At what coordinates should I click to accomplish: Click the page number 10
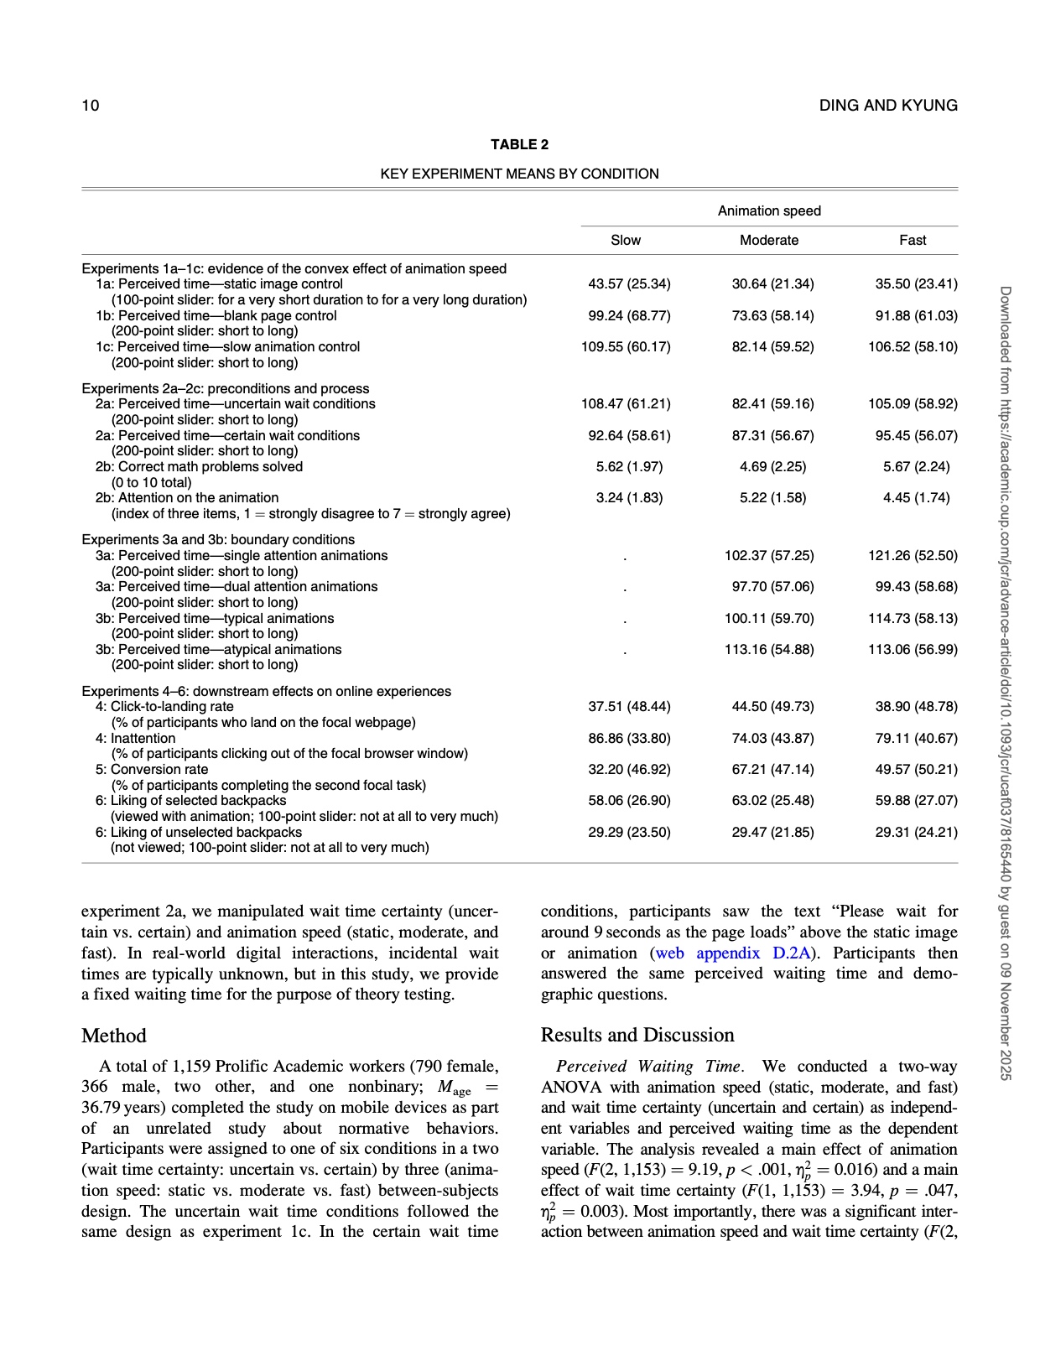click(90, 106)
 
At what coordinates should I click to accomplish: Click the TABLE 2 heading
click(519, 145)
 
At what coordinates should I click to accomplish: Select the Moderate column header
click(768, 241)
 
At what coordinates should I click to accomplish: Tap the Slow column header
click(626, 241)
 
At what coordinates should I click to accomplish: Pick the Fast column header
click(913, 241)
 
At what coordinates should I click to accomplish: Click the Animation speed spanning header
click(768, 211)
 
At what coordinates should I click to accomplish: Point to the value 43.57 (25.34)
click(629, 284)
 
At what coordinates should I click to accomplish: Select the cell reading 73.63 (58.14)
click(772, 316)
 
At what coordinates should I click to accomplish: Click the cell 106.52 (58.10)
click(913, 347)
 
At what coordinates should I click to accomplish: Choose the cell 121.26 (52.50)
click(913, 556)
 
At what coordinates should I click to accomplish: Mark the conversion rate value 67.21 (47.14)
click(772, 770)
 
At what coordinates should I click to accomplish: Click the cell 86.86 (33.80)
click(629, 739)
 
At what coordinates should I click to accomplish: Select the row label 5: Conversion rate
click(152, 770)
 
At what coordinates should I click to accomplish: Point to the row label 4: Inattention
click(136, 739)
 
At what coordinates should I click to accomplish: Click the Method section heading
click(114, 1036)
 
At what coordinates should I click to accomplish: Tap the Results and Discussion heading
click(637, 1035)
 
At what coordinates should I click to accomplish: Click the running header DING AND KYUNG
click(888, 106)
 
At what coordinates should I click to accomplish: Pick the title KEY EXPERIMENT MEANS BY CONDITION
click(519, 174)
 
